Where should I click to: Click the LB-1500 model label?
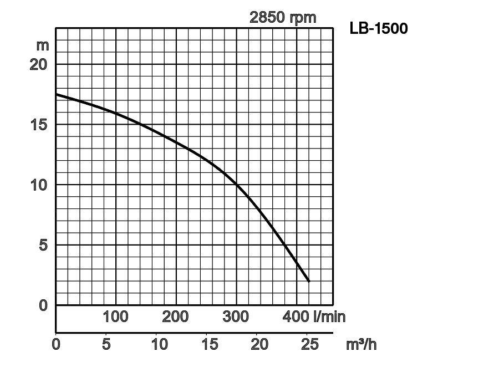378,28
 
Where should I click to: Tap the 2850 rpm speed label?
283,17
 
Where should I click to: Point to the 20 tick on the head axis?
39,64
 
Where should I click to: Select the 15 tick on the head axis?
39,125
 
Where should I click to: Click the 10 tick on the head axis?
39,185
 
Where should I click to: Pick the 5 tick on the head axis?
43,245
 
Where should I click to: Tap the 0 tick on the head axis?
43,305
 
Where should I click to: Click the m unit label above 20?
43,45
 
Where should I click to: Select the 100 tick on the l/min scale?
115,317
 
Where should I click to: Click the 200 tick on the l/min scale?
175,317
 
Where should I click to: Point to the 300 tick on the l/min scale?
236,317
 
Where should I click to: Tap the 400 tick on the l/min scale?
296,317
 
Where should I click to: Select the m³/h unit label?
361,345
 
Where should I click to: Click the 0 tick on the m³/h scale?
56,345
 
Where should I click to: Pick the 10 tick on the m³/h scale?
159,345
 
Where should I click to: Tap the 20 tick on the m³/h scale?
259,345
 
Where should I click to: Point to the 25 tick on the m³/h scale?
309,345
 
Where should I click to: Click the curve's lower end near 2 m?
308,281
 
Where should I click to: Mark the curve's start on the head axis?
57,94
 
